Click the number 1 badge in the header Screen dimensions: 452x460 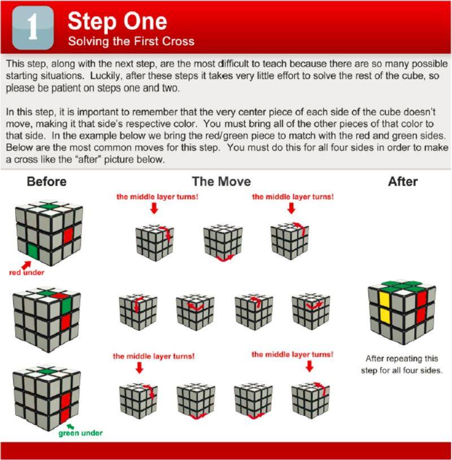point(33,28)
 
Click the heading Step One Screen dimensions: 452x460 point(117,21)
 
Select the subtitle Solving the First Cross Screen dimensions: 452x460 point(131,41)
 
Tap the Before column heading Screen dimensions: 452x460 point(46,182)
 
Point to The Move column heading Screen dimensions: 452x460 point(221,182)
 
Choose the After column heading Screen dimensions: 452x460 point(403,182)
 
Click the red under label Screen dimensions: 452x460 point(27,273)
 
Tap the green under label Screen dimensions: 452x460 point(81,433)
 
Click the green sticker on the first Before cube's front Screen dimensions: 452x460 point(33,251)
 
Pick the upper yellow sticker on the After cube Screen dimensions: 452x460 point(385,299)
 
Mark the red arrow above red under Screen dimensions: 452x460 point(27,265)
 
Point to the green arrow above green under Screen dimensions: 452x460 point(70,426)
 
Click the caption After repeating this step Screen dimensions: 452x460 point(402,364)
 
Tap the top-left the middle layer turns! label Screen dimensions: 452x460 point(157,196)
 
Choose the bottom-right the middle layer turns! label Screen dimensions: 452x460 point(292,354)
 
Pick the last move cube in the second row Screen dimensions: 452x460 point(311,311)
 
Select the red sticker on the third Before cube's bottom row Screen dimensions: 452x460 point(65,416)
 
